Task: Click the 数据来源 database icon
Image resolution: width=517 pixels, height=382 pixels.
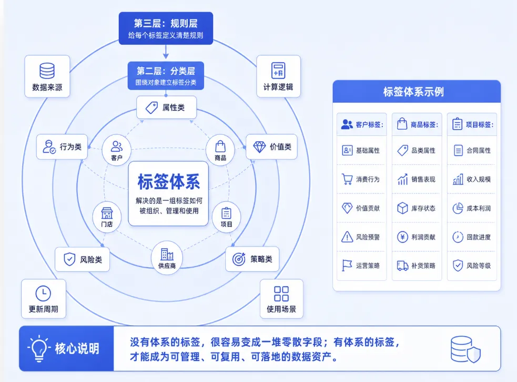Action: coord(47,71)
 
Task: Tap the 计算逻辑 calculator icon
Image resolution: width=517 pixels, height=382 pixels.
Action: coord(278,71)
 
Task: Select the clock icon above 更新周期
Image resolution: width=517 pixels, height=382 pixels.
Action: coord(43,293)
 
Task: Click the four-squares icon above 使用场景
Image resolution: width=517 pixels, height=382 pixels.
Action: coord(281,294)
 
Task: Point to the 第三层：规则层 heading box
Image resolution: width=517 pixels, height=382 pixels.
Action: coord(166,28)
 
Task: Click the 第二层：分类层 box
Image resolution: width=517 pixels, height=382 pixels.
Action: coord(166,76)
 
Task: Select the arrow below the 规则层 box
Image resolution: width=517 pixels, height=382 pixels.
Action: coord(166,52)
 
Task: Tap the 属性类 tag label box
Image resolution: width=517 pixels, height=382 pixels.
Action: coord(167,107)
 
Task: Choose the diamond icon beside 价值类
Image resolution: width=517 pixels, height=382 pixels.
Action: coord(259,146)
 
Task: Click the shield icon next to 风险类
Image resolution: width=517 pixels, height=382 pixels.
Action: coord(69,259)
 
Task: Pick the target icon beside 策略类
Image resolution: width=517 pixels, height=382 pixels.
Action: coord(239,259)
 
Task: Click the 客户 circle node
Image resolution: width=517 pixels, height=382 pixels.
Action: coord(116,150)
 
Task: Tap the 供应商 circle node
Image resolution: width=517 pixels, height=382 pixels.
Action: coord(167,258)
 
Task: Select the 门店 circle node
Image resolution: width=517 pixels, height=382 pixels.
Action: coord(107,216)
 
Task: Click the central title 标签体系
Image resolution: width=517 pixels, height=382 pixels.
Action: coord(168,181)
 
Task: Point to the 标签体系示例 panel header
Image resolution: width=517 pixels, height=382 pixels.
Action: coord(417,92)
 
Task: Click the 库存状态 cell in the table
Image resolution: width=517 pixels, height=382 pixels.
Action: coord(417,208)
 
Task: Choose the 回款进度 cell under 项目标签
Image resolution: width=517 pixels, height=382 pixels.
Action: coord(472,237)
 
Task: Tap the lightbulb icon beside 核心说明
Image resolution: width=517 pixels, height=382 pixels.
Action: coord(39,348)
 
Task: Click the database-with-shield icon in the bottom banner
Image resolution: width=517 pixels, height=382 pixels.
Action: coord(465,349)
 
